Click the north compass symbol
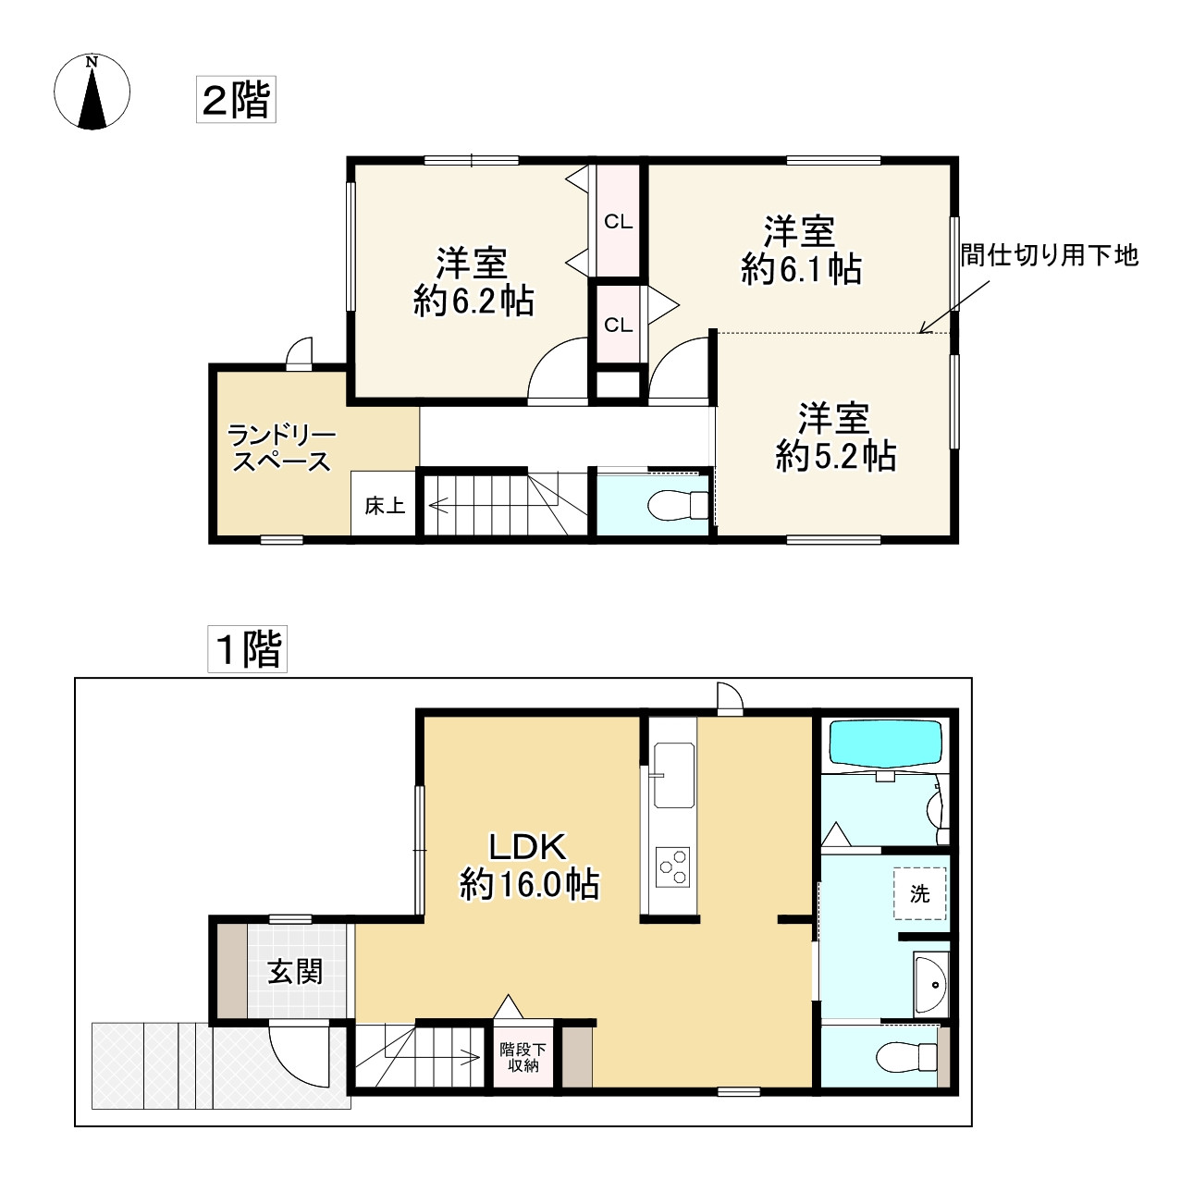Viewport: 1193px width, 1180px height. (x=92, y=92)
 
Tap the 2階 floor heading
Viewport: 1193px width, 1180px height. (x=236, y=99)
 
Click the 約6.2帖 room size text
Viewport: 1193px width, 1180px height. (x=474, y=301)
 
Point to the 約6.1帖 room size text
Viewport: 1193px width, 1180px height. (x=801, y=269)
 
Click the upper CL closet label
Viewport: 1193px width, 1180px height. (x=618, y=222)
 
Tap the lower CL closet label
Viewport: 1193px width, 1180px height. (x=618, y=326)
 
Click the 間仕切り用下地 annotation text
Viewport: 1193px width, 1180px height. (x=1049, y=255)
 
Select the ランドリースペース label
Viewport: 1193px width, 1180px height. (x=281, y=449)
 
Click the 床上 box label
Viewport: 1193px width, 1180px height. (x=384, y=505)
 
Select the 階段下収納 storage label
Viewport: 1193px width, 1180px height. (x=523, y=1057)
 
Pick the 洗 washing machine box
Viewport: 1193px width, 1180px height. (x=920, y=894)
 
